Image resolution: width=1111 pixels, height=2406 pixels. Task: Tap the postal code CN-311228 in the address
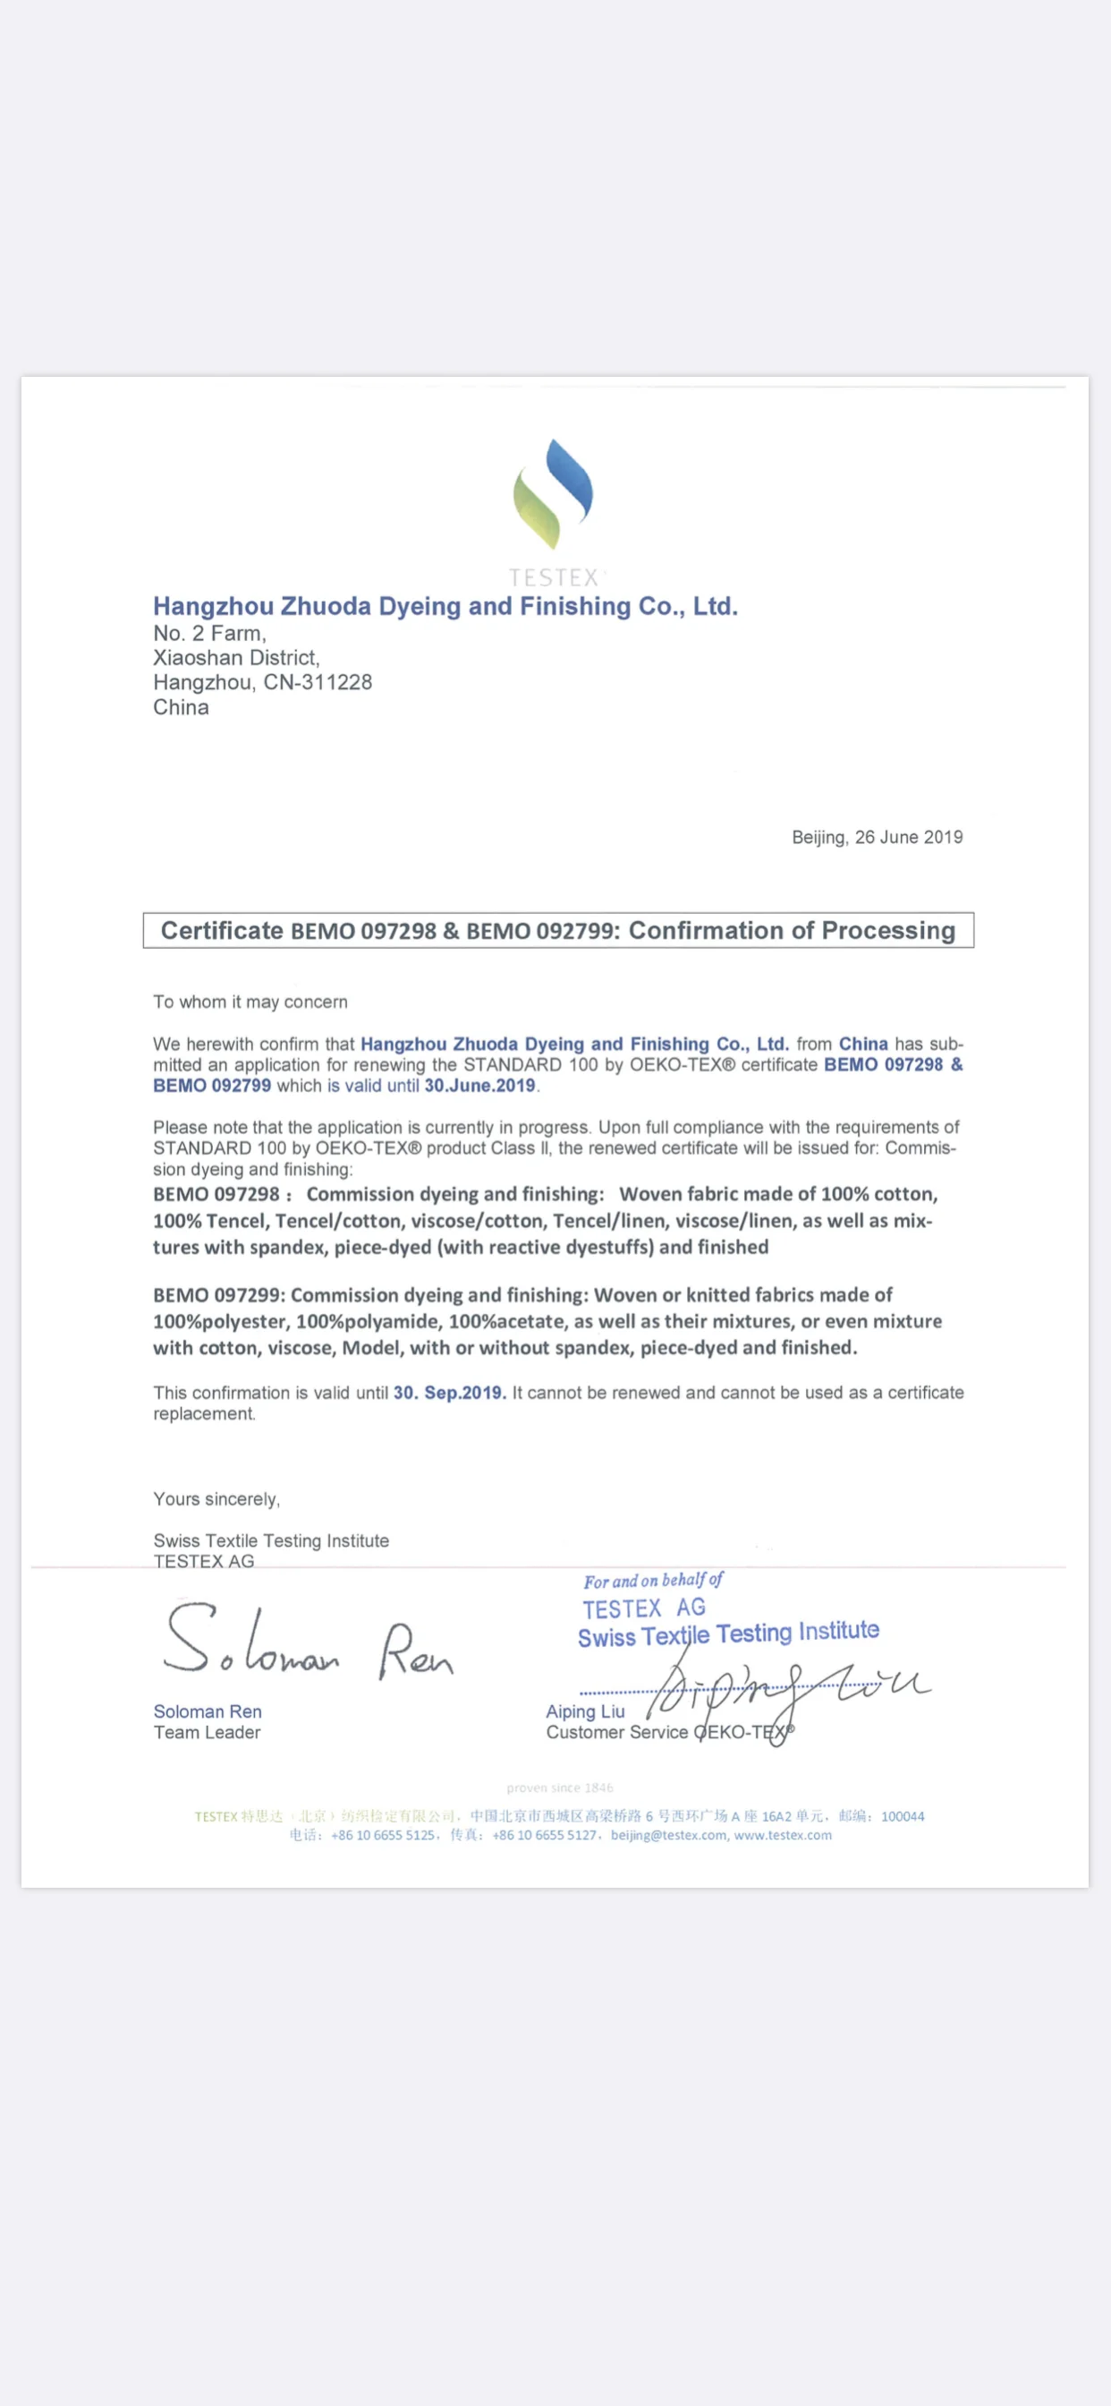point(318,683)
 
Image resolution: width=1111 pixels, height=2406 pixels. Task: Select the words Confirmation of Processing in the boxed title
point(792,930)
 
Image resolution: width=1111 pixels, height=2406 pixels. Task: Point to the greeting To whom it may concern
point(250,1002)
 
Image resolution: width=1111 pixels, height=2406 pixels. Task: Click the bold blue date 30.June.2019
point(479,1086)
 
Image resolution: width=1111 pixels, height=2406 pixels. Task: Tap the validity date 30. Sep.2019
point(449,1393)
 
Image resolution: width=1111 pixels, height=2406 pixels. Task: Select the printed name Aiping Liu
point(585,1711)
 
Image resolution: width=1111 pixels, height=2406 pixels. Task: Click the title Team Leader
point(208,1733)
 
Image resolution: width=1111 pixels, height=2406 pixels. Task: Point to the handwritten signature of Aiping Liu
point(784,1691)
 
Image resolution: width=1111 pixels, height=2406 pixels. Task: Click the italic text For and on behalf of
point(653,1581)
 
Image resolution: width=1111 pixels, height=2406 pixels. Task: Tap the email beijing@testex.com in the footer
point(668,1835)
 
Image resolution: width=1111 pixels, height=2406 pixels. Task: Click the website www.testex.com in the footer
point(783,1835)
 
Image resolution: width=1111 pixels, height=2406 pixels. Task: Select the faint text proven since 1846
point(559,1787)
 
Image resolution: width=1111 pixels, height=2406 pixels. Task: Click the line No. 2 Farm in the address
point(209,633)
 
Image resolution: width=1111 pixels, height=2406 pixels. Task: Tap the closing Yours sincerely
point(216,1499)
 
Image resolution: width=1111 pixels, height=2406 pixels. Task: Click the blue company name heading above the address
point(445,607)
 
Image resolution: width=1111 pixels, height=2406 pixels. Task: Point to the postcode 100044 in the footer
point(902,1817)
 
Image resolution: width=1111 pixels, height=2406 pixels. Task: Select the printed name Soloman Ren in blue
point(208,1711)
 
